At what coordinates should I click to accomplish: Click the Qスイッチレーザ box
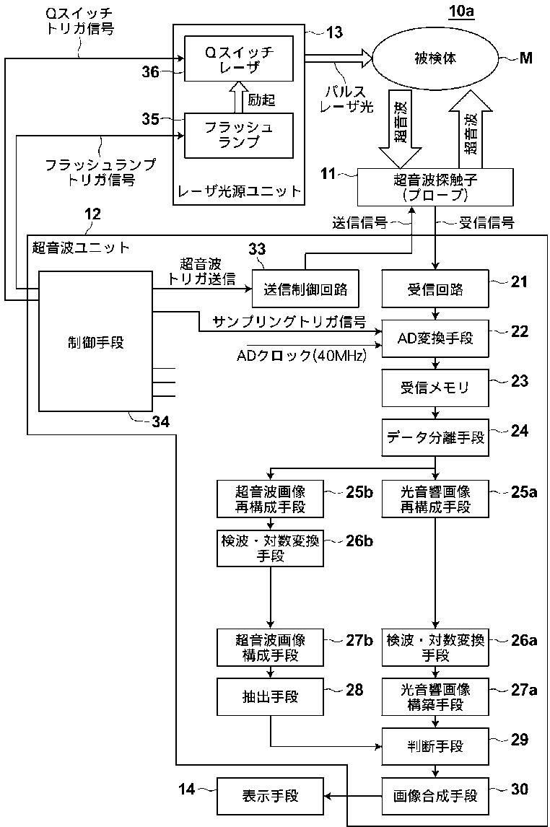[238, 58]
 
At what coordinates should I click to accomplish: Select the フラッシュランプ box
[238, 136]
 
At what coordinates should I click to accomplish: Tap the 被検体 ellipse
[435, 58]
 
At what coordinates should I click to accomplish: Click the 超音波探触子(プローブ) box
[435, 187]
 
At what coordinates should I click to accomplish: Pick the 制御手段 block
[96, 341]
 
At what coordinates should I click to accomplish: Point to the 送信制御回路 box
[305, 289]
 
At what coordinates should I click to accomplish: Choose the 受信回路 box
[435, 289]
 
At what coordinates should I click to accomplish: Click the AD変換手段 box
[435, 338]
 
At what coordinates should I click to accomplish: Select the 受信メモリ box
[435, 388]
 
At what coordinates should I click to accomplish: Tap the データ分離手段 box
[435, 437]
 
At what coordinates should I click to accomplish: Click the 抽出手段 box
[271, 696]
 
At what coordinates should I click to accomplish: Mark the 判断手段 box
[435, 746]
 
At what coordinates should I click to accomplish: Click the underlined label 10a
[461, 11]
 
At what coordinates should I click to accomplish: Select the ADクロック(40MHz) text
[301, 356]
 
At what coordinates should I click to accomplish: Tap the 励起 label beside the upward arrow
[261, 100]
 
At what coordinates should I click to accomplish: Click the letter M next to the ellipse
[525, 58]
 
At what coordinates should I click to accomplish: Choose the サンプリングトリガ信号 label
[290, 322]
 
